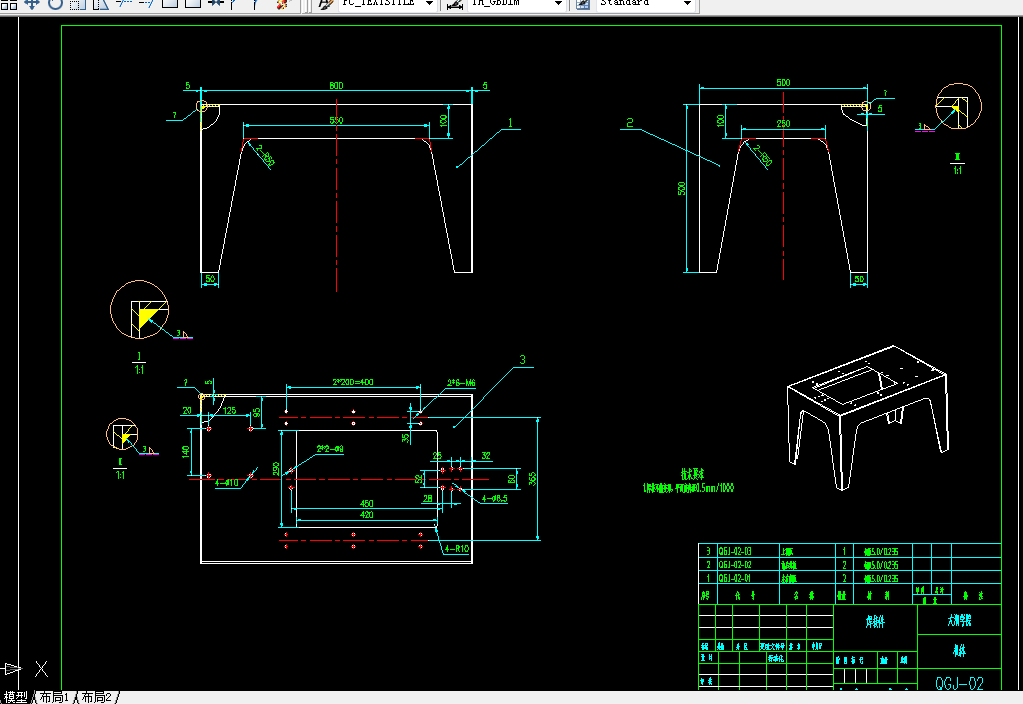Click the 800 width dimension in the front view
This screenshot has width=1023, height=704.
[336, 86]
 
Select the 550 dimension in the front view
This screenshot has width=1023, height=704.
[337, 120]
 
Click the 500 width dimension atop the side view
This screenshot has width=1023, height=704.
[782, 83]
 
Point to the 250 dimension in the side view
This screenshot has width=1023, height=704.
[782, 123]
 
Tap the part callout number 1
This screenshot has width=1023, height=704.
[509, 123]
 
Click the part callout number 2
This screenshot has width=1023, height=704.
[629, 124]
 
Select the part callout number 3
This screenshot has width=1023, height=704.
[521, 360]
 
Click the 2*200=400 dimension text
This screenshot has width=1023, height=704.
[351, 382]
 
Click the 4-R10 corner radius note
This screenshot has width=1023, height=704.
[457, 549]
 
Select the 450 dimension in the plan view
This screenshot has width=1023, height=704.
[366, 503]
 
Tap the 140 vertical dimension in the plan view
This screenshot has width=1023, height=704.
[186, 451]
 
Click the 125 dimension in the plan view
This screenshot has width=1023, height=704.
[229, 411]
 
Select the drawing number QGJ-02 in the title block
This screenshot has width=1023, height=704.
[959, 684]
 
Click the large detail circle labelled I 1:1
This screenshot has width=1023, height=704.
[139, 310]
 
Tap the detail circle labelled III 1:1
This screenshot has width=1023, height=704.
[958, 107]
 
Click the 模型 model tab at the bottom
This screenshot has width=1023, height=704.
[16, 697]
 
